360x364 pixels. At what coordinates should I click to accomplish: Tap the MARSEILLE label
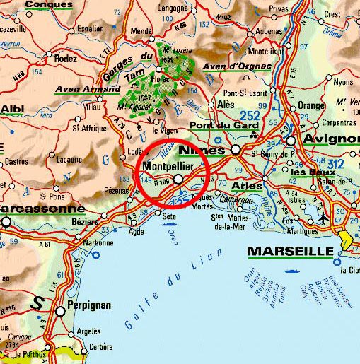289,252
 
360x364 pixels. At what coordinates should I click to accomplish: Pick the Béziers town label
80,221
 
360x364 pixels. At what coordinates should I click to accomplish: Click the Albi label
12,108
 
